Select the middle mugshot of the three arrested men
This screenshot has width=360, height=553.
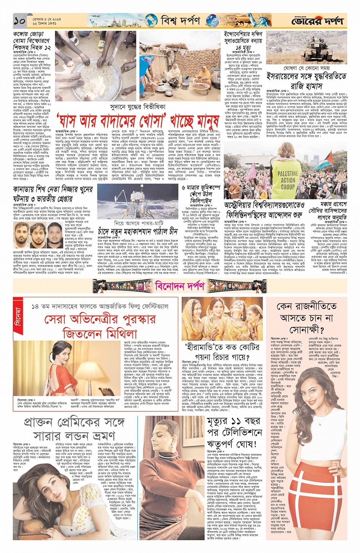point(38,233)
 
